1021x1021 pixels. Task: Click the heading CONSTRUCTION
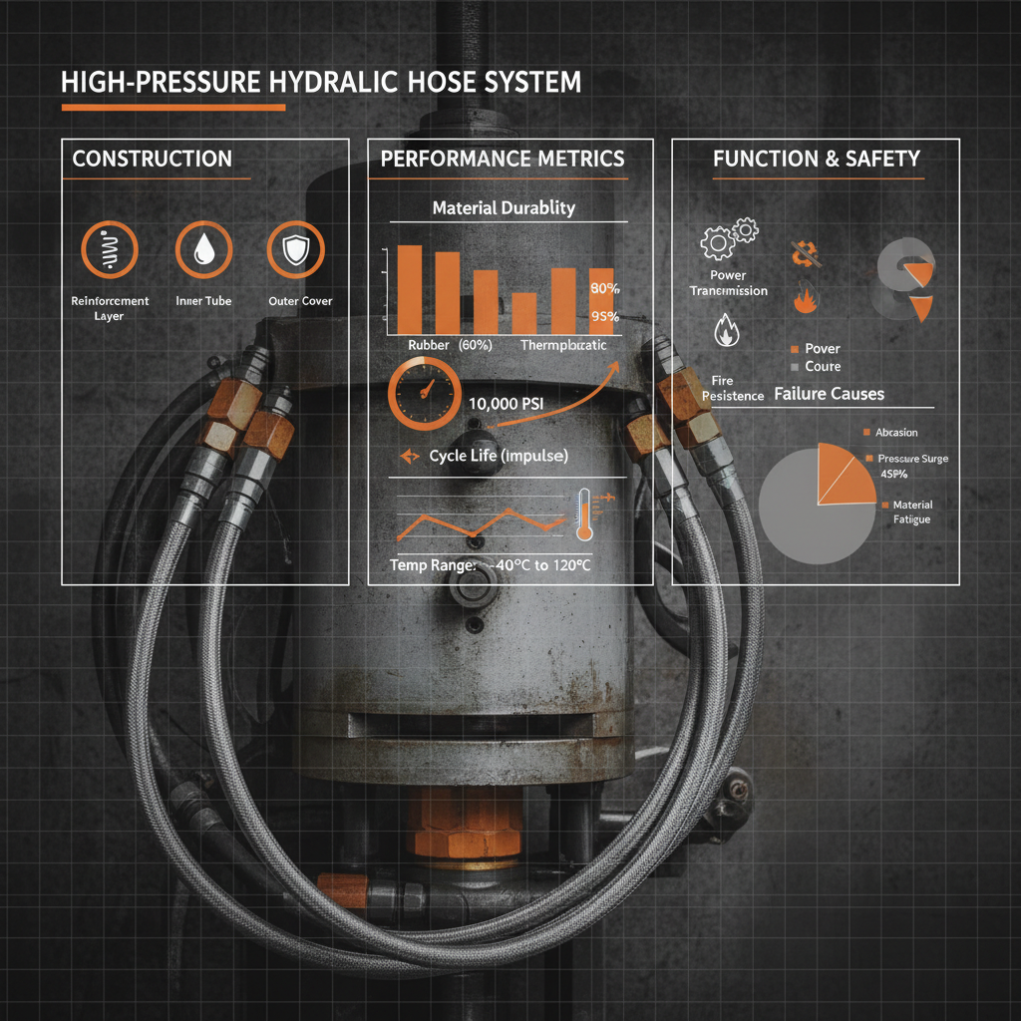152,159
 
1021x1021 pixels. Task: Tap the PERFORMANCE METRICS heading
503,159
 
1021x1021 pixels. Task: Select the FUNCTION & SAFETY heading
816,159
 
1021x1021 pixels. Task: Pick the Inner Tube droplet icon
203,249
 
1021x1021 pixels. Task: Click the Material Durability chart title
503,208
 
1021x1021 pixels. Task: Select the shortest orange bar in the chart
524,313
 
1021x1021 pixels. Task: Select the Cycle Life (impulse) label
498,456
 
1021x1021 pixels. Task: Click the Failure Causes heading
829,394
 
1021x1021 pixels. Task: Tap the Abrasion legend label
895,432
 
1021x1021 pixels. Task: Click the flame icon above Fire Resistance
725,330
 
